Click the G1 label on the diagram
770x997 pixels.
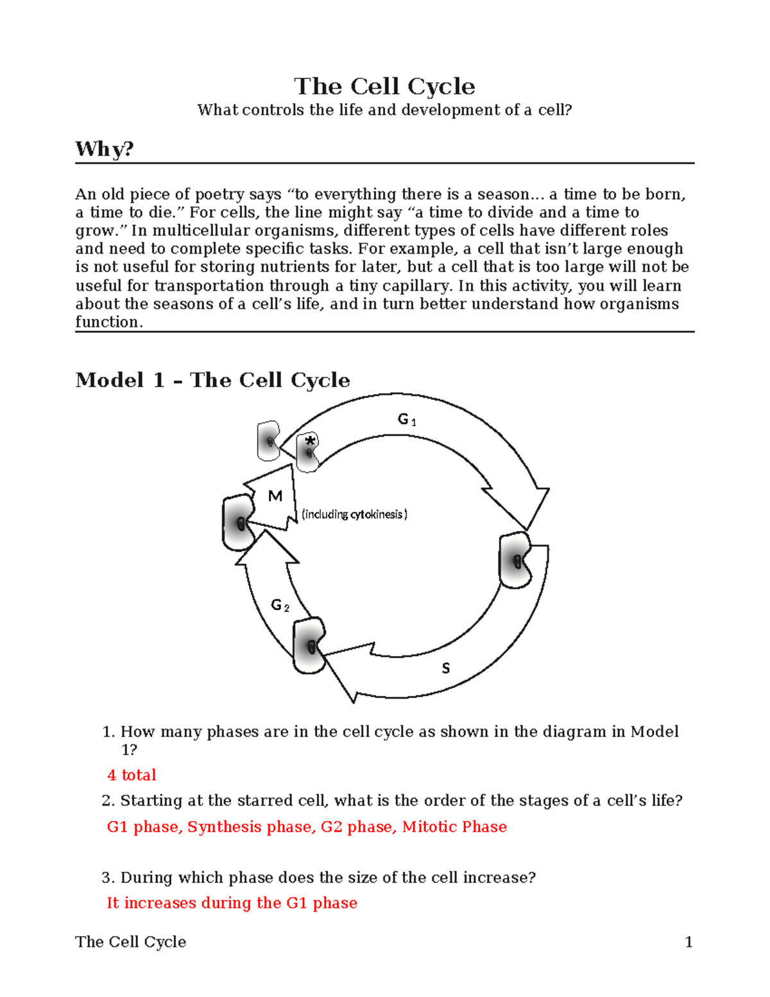click(x=407, y=420)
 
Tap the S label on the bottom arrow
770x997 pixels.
click(x=445, y=668)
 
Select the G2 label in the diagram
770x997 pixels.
click(x=280, y=605)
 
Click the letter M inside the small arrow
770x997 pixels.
click(x=275, y=496)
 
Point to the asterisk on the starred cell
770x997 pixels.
click(x=311, y=441)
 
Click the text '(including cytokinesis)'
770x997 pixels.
click(x=354, y=514)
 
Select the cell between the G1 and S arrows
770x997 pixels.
click(x=515, y=560)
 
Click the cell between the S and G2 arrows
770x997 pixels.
click(x=309, y=646)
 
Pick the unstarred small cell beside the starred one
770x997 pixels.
click(x=268, y=441)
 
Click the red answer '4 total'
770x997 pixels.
click(x=132, y=775)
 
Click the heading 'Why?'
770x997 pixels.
click(x=105, y=149)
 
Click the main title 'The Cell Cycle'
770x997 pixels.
click(x=384, y=86)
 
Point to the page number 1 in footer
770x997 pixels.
click(x=689, y=942)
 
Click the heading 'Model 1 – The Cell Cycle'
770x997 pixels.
click(x=212, y=380)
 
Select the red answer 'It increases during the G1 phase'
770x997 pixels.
click(x=232, y=903)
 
